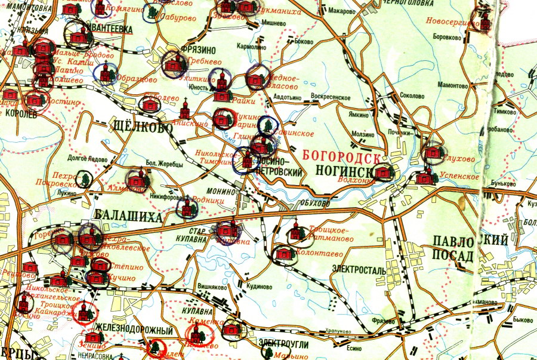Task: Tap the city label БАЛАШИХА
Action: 128,216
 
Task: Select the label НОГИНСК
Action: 344,173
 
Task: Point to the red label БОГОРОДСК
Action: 341,156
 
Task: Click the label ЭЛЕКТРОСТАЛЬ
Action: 360,270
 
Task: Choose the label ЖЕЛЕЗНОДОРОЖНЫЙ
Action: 133,331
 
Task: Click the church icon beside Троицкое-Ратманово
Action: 295,232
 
